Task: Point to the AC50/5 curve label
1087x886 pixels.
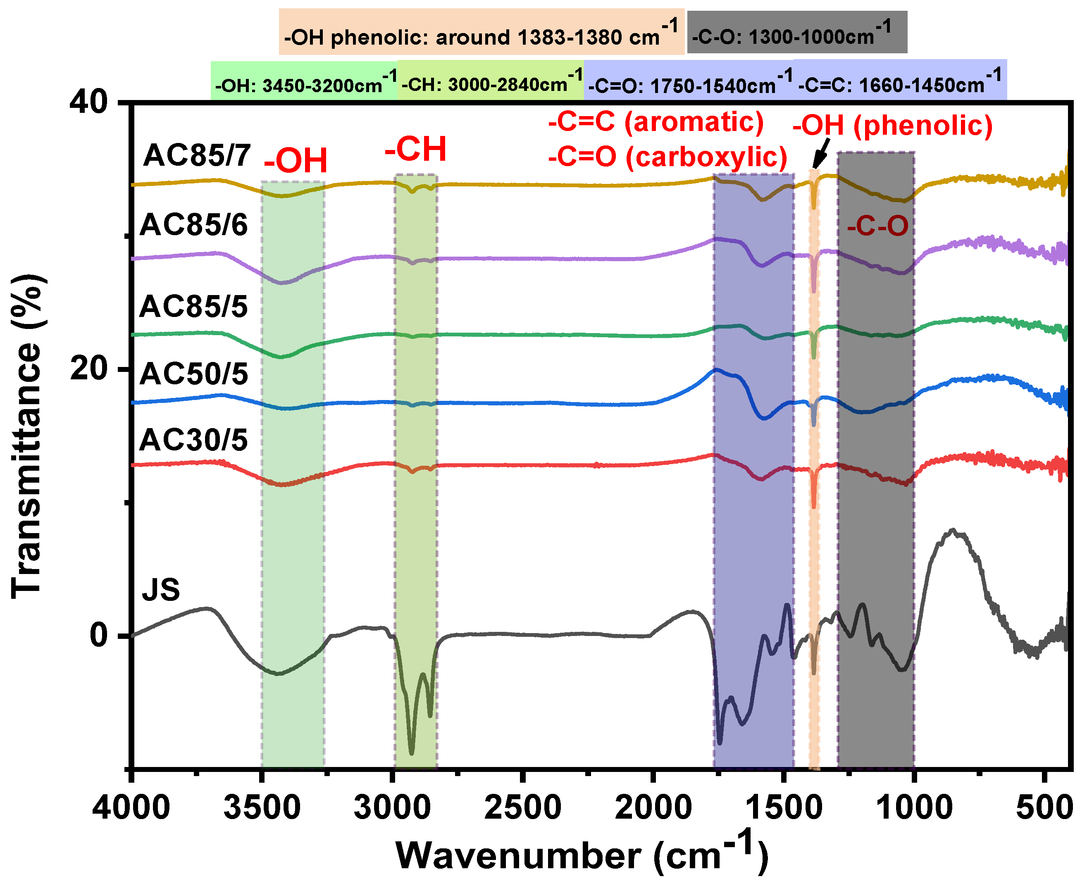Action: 194,374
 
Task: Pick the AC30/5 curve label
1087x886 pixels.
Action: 194,440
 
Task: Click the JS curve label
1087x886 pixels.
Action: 161,590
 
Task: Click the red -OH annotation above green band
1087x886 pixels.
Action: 296,161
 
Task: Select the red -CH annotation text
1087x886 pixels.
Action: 415,150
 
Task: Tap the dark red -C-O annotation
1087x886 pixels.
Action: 877,226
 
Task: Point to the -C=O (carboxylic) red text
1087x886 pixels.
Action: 667,157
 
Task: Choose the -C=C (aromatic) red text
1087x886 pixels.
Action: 656,122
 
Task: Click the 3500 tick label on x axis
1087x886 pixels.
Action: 262,808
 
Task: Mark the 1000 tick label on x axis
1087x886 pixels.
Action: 914,808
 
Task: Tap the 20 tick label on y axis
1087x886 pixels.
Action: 89,369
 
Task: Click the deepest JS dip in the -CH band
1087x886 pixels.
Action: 411,752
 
